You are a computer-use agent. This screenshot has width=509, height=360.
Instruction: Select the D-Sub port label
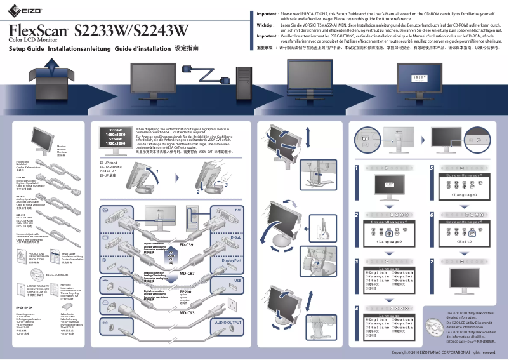[236, 237]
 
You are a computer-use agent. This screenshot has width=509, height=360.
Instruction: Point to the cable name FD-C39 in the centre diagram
[187, 244]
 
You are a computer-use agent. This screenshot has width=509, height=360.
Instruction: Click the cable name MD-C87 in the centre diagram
[187, 272]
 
